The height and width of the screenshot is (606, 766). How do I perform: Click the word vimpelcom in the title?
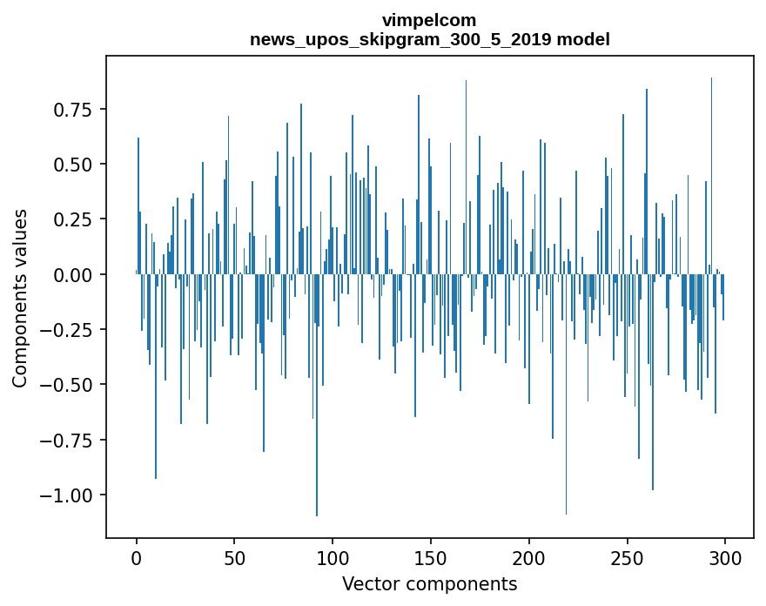pyautogui.click(x=429, y=20)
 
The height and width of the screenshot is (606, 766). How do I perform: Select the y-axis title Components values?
pyautogui.click(x=19, y=298)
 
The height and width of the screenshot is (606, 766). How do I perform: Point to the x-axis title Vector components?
pyautogui.click(x=429, y=583)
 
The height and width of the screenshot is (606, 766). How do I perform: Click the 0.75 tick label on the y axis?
pyautogui.click(x=73, y=109)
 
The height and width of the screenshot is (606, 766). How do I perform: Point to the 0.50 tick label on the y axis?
pyautogui.click(x=73, y=164)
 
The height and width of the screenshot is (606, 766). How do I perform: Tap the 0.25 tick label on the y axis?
pyautogui.click(x=73, y=219)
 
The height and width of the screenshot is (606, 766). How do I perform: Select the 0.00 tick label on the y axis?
pyautogui.click(x=73, y=274)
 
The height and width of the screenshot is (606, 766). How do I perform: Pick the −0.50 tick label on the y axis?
pyautogui.click(x=68, y=384)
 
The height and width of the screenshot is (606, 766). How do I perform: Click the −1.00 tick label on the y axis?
pyautogui.click(x=68, y=495)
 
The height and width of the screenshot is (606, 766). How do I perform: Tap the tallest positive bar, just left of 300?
pyautogui.click(x=711, y=174)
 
